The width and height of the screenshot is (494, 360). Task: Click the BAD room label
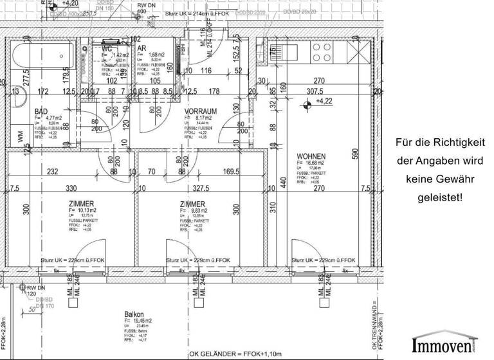pos(41,111)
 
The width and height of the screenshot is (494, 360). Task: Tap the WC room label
pos(107,49)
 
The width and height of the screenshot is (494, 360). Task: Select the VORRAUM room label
pos(201,111)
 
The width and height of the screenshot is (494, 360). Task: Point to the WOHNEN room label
pos(311,156)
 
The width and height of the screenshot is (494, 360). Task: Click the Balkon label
pos(134,315)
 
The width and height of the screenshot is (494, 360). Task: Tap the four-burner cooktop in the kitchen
pos(322,50)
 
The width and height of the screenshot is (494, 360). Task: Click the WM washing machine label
pos(20,137)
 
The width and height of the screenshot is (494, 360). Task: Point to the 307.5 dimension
pos(315,91)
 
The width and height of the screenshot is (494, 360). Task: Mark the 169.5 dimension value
pos(232,172)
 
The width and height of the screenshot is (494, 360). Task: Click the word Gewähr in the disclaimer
pos(444,181)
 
